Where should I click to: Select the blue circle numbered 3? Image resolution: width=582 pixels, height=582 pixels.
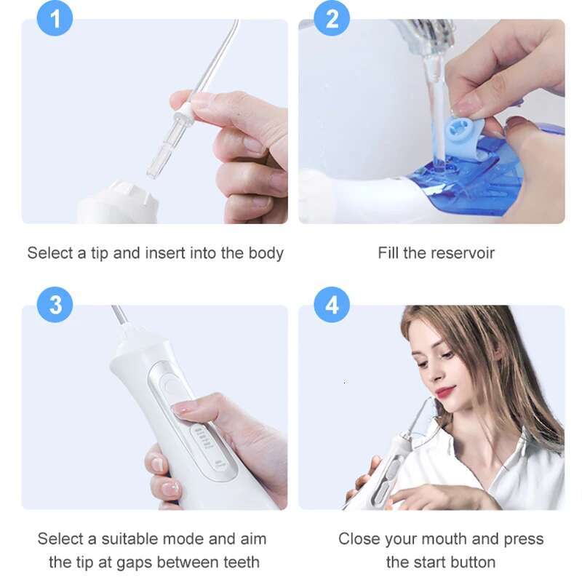55,305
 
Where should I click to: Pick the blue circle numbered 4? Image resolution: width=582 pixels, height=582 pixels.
332,305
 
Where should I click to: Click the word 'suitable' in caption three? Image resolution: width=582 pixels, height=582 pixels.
132,539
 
